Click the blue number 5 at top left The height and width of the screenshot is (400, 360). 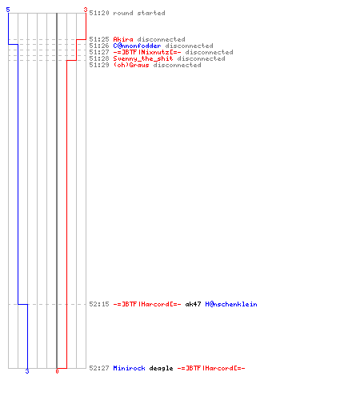point(8,10)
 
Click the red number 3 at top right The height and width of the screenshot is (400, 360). point(86,10)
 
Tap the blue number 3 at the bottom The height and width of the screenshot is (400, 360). point(27,371)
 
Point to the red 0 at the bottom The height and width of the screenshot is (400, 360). point(57,371)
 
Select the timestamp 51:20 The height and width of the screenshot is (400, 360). point(99,13)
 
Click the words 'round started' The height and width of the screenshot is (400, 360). point(139,13)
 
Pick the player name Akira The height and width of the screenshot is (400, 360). point(123,39)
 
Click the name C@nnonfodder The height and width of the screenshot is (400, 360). point(137,46)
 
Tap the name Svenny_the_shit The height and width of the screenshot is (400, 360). point(143,58)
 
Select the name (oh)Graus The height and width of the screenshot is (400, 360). point(131,65)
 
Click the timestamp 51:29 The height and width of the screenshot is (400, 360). point(99,65)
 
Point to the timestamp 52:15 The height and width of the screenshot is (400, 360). point(99,304)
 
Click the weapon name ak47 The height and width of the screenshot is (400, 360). point(193,304)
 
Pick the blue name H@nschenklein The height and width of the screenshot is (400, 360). point(231,304)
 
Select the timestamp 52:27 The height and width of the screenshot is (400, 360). point(99,368)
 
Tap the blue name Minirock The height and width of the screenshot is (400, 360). point(129,368)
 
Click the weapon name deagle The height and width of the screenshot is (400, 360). point(161,368)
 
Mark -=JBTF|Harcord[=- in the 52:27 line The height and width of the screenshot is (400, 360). point(211,368)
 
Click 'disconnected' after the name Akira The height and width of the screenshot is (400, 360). point(161,39)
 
